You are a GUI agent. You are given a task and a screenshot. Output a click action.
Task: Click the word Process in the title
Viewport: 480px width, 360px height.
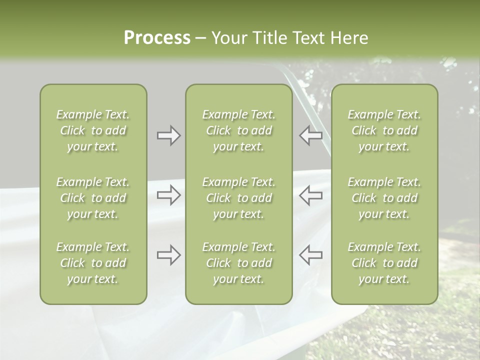tap(157, 38)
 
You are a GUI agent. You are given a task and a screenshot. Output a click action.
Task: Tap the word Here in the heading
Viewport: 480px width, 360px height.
tap(348, 38)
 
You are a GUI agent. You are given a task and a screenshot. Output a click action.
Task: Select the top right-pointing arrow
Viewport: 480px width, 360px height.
tap(168, 135)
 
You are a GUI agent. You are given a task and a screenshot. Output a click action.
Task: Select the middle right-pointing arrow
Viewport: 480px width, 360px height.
tap(168, 195)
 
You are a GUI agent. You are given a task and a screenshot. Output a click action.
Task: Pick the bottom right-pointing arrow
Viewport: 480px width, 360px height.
tap(168, 255)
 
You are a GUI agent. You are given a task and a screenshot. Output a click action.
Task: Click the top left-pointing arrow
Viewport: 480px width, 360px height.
tap(310, 135)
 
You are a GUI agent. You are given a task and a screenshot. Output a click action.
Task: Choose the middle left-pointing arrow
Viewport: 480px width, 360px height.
tap(310, 195)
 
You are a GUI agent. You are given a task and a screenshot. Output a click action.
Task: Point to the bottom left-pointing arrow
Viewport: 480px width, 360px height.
tap(310, 255)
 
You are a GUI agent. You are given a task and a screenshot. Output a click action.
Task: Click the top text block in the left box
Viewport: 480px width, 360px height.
tap(93, 130)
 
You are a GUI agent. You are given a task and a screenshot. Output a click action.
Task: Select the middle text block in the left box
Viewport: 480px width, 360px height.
tap(93, 198)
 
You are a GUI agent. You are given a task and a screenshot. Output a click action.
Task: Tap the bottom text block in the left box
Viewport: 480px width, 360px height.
tap(93, 263)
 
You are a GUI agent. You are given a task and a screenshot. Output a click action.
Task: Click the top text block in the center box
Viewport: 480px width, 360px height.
tap(238, 130)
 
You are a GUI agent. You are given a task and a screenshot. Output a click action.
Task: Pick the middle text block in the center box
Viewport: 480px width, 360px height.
tap(238, 198)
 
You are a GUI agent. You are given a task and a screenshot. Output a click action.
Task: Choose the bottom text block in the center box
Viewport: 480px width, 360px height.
tap(238, 263)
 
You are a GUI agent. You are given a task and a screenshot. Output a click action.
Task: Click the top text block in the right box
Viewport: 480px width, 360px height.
tap(384, 130)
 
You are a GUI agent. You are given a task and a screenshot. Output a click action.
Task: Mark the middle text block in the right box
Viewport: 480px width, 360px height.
tap(384, 198)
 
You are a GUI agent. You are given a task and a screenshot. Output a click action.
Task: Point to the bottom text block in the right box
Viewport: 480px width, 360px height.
tap(384, 263)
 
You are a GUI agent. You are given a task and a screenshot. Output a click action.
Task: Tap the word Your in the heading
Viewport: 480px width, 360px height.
tap(227, 38)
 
